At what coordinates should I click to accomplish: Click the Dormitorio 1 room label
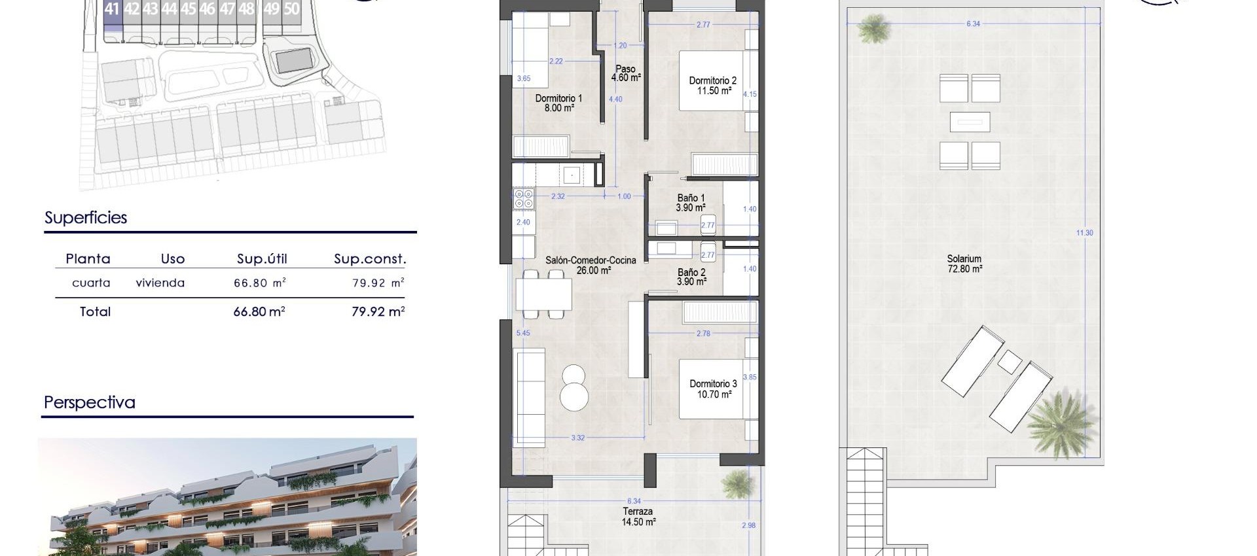click(558, 103)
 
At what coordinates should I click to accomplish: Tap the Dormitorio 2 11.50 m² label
click(712, 86)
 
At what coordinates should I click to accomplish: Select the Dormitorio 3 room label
click(713, 389)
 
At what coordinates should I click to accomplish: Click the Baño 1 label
click(691, 203)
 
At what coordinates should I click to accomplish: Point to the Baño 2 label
click(691, 277)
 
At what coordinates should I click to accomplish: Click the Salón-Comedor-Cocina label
click(590, 265)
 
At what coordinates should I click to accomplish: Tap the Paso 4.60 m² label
click(625, 73)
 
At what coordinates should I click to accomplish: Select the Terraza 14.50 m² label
click(638, 517)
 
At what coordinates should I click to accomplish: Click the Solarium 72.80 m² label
click(964, 264)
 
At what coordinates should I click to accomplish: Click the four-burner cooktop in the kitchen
click(524, 198)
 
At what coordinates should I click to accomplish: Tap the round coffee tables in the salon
click(574, 387)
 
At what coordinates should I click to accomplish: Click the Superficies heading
click(86, 218)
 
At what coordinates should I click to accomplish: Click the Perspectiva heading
click(90, 402)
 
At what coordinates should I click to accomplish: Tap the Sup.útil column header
click(262, 259)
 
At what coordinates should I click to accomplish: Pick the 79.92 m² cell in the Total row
click(378, 312)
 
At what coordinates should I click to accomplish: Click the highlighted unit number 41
click(112, 9)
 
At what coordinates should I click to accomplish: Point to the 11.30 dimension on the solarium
click(1085, 233)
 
